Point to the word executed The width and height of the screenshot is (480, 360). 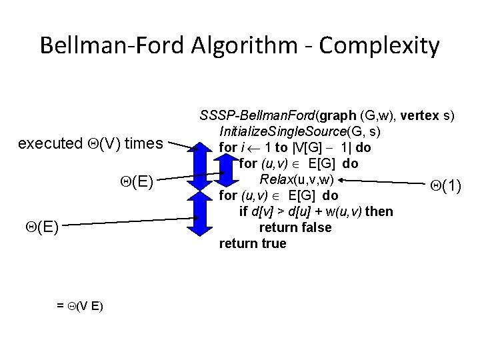tap(45, 144)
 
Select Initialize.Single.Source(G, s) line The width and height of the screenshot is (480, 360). tap(301, 131)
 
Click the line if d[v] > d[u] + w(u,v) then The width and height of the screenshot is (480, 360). tap(315, 212)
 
